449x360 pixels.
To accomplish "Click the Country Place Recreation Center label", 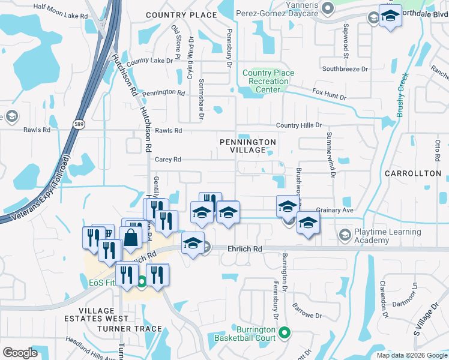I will [268, 81].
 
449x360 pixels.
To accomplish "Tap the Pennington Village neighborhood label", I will [247, 146].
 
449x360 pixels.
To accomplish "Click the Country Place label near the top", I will [181, 14].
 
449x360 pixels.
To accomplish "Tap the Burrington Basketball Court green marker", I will [285, 331].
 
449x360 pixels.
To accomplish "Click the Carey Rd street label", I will [167, 160].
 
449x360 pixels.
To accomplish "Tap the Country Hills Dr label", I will [299, 125].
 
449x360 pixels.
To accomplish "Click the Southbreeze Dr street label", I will [345, 69].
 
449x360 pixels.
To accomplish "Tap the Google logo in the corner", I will [20, 352].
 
